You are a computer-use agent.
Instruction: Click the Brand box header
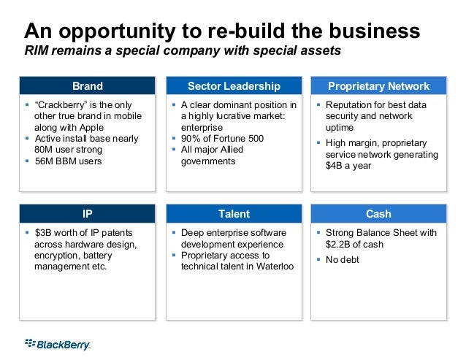click(88, 86)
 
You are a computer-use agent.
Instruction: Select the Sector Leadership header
click(234, 86)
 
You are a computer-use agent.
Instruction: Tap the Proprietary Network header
click(378, 86)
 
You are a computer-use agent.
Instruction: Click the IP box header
click(88, 214)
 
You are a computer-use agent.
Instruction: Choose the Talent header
click(234, 214)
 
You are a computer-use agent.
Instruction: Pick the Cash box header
click(378, 214)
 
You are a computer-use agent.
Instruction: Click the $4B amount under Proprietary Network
click(336, 166)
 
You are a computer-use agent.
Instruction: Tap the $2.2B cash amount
click(340, 244)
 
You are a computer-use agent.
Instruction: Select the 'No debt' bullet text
click(343, 260)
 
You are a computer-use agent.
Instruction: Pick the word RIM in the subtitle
click(37, 51)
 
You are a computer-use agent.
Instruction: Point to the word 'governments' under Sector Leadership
click(208, 161)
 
